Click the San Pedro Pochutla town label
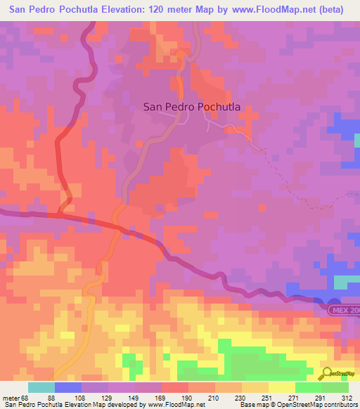coord(192,107)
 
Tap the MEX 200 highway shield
coord(345,309)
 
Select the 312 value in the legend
coord(348,397)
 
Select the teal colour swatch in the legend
coord(41,387)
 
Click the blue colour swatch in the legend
coord(67,387)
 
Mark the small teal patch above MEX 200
coord(344,281)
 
